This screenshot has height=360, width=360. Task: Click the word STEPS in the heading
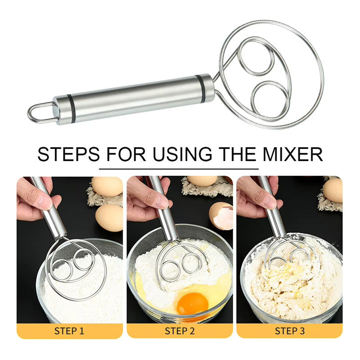click(68, 154)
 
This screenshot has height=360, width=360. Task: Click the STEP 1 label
click(69, 331)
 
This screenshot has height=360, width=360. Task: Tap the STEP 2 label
click(180, 331)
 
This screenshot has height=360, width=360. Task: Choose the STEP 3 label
click(289, 331)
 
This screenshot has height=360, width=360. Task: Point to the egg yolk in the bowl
click(193, 304)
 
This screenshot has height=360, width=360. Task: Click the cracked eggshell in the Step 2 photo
click(221, 216)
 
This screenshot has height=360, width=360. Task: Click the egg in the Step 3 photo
click(333, 190)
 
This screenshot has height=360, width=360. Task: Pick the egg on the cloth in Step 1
click(107, 186)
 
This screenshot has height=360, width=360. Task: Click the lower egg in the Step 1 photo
click(109, 218)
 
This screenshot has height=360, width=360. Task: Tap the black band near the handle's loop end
click(72, 108)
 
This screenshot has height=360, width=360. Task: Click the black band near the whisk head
click(200, 89)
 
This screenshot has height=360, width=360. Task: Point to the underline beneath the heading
click(179, 169)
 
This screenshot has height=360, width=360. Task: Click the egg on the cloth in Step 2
click(202, 181)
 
